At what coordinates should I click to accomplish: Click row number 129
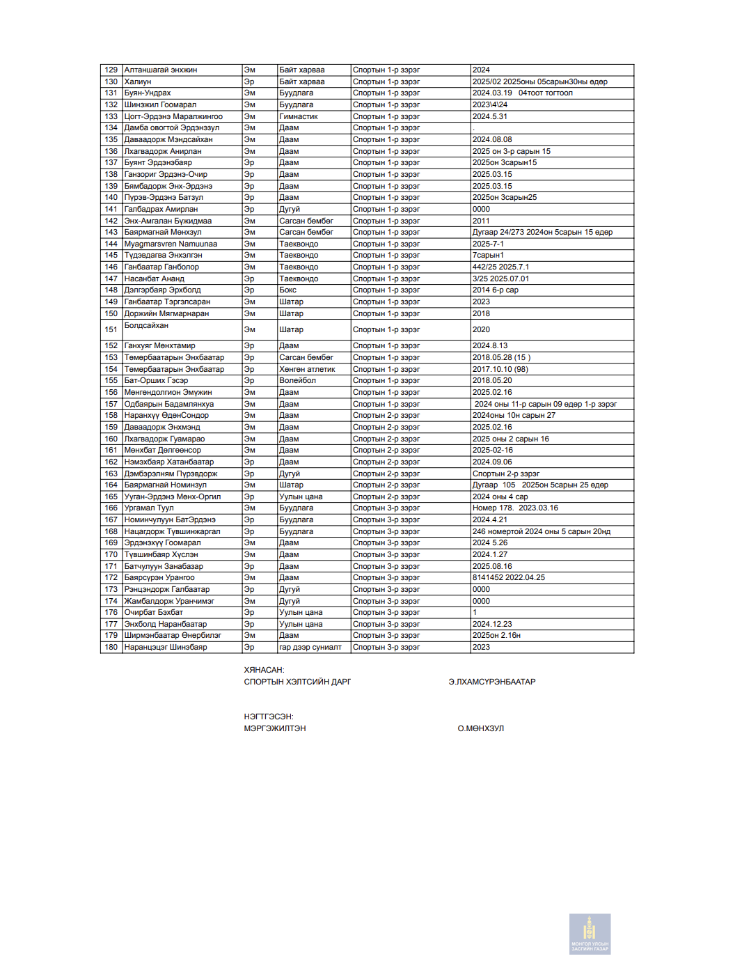pyautogui.click(x=111, y=70)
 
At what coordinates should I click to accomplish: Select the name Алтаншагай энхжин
pyautogui.click(x=161, y=70)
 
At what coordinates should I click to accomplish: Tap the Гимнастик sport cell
pyautogui.click(x=299, y=116)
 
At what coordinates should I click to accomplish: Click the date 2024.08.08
pyautogui.click(x=492, y=139)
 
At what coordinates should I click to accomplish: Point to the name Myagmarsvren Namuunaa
pyautogui.click(x=171, y=244)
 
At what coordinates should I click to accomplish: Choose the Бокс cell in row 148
pyautogui.click(x=288, y=290)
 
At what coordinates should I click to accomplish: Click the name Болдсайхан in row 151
pyautogui.click(x=146, y=325)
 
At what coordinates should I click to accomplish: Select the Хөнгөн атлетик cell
pyautogui.click(x=307, y=369)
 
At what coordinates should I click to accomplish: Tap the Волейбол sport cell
pyautogui.click(x=298, y=380)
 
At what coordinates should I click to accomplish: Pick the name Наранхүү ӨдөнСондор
pyautogui.click(x=166, y=415)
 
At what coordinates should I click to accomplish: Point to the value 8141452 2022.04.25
pyautogui.click(x=509, y=577)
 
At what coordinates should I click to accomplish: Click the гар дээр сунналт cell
pyautogui.click(x=310, y=647)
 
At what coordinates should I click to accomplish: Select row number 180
pyautogui.click(x=111, y=647)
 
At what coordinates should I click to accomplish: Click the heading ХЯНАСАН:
pyautogui.click(x=264, y=670)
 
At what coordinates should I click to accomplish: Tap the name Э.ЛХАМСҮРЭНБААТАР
pyautogui.click(x=492, y=682)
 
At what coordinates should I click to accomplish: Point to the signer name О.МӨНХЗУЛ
pyautogui.click(x=480, y=728)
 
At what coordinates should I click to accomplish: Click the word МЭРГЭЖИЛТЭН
pyautogui.click(x=275, y=728)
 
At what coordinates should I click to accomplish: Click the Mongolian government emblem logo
pyautogui.click(x=590, y=934)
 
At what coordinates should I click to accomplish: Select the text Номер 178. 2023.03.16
pyautogui.click(x=515, y=508)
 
